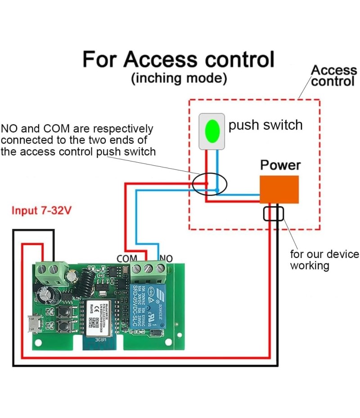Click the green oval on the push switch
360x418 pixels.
tap(211, 131)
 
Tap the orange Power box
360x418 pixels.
tap(279, 189)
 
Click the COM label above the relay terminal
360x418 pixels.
tap(127, 259)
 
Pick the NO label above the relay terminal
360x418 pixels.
tap(166, 259)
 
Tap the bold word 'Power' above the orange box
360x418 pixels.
tap(280, 165)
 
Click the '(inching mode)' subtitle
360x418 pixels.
tap(179, 78)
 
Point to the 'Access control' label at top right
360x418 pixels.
tap(333, 76)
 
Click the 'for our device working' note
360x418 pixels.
tap(324, 260)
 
